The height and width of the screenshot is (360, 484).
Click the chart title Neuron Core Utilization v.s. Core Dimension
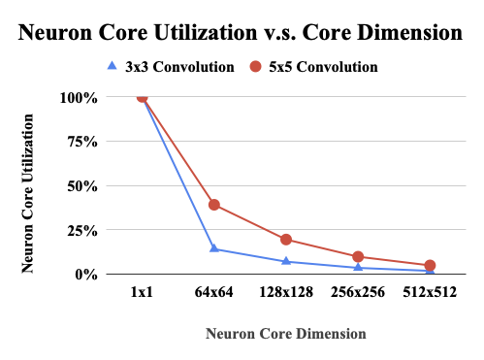(x=242, y=32)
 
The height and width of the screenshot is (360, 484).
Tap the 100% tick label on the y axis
(x=79, y=98)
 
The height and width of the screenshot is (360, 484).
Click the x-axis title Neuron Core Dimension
(x=286, y=333)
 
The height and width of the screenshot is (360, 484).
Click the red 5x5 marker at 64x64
(x=214, y=205)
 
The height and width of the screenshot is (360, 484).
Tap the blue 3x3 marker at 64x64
(x=214, y=249)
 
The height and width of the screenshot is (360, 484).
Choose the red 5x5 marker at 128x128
(x=286, y=240)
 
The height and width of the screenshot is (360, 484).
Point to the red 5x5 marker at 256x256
(x=358, y=257)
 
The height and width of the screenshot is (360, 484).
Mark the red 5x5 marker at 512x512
(x=430, y=266)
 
